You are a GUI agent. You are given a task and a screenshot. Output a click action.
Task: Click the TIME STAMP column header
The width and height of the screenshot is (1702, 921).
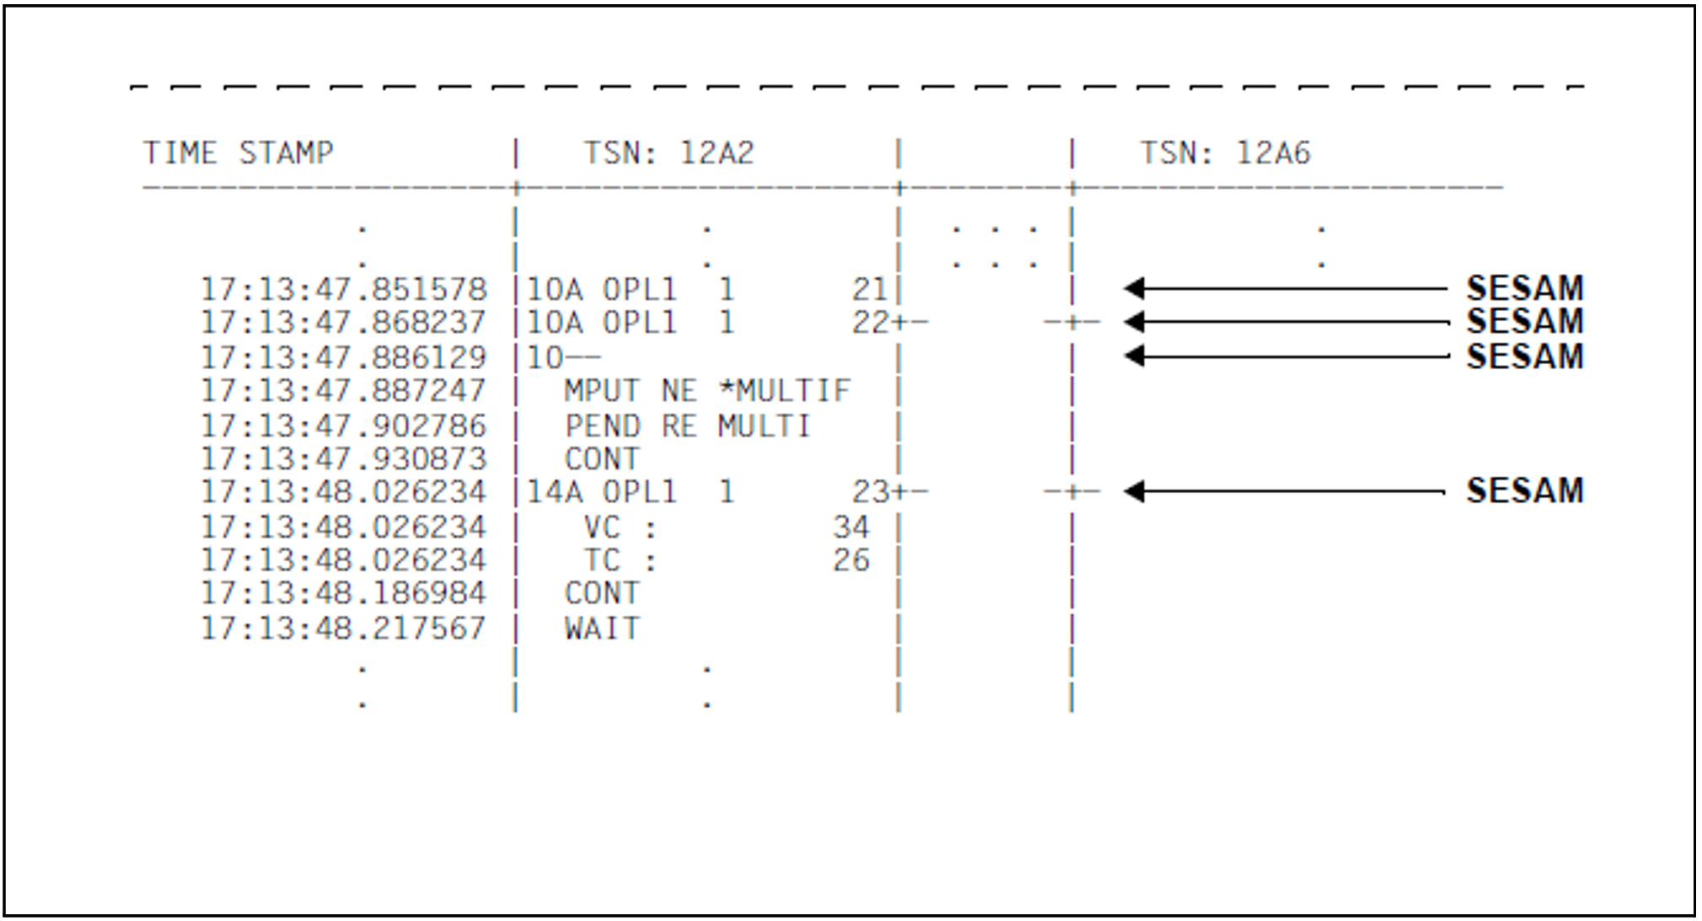238,153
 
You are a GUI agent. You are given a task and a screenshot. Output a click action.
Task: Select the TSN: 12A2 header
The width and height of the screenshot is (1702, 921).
668,153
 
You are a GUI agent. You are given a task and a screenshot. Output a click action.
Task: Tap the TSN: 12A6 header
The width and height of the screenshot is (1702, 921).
1225,153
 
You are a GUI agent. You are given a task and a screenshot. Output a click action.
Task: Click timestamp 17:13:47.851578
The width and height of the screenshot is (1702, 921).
344,290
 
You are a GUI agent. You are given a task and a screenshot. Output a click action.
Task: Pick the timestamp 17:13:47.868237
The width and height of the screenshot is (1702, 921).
344,323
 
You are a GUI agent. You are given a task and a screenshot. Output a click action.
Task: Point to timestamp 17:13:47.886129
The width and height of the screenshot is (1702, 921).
344,357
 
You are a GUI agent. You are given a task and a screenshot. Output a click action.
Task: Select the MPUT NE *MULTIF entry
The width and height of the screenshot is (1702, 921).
707,391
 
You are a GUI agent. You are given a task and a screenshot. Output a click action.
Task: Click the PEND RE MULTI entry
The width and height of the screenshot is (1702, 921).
688,426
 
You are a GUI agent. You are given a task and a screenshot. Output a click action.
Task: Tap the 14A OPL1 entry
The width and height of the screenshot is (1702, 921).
602,492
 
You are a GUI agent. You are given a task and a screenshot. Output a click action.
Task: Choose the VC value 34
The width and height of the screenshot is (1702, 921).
851,527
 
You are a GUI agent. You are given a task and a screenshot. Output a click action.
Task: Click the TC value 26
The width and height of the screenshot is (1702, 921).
851,560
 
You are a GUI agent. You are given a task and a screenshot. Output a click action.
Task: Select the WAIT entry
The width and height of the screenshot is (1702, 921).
602,629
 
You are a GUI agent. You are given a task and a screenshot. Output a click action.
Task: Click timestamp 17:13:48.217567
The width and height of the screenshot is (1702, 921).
344,629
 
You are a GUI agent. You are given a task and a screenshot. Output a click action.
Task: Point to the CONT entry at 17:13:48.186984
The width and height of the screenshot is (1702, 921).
602,593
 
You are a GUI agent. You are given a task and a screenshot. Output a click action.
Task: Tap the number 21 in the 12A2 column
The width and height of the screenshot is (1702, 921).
869,290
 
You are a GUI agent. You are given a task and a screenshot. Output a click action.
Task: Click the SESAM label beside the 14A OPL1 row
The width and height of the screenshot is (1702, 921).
1525,490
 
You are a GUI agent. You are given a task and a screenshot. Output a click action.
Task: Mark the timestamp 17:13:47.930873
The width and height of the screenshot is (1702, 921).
344,459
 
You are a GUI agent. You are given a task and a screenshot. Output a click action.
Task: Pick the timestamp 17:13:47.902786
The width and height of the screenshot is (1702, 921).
344,426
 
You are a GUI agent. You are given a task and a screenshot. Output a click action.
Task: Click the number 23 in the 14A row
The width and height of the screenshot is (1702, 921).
869,492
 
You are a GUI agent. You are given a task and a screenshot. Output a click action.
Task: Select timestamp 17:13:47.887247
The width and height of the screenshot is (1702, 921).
344,391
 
